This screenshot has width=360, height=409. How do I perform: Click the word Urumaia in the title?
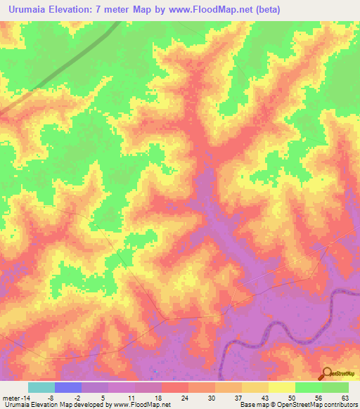(x=30, y=8)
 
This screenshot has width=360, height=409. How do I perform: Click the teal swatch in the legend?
(x=41, y=387)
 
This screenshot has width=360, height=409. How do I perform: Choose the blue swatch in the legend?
(x=68, y=387)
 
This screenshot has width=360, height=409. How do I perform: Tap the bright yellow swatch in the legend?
(x=282, y=387)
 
